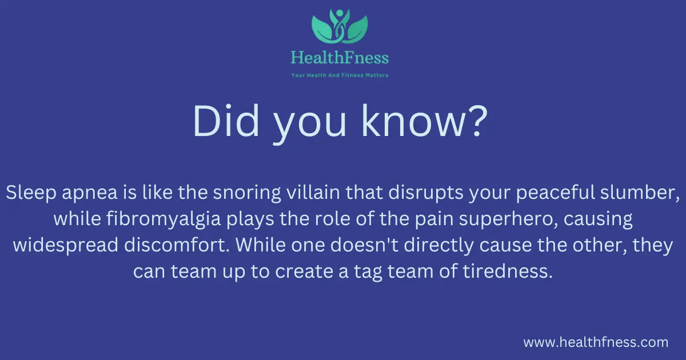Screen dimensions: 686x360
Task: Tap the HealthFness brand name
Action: [340, 58]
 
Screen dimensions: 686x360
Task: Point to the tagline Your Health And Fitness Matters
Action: [340, 75]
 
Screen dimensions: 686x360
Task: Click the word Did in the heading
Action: [226, 121]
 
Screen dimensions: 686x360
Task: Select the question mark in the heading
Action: [477, 121]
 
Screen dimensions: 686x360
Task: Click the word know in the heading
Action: [412, 121]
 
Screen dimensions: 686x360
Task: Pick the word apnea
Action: [90, 194]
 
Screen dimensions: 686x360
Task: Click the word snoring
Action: [247, 194]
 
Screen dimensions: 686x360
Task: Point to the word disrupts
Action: [426, 194]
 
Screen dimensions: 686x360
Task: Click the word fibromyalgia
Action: [163, 220]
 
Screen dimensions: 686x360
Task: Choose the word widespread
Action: [66, 246]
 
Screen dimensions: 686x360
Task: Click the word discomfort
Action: [177, 245]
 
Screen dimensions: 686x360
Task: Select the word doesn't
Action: [364, 245]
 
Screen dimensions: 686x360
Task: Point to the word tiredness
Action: [508, 271]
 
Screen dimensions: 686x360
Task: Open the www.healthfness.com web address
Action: [596, 342]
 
